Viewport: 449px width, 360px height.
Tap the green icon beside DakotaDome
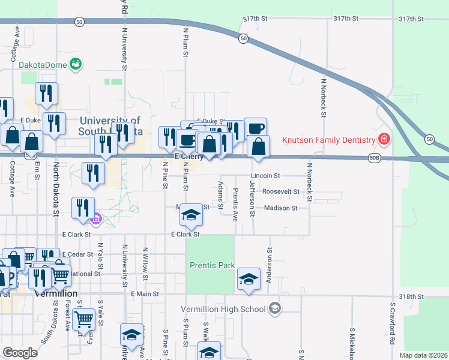point(76,63)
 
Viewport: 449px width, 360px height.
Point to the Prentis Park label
point(212,265)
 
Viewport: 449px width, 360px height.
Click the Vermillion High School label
point(223,309)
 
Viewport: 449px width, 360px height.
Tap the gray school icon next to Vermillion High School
point(275,309)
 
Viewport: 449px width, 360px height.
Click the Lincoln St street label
point(266,176)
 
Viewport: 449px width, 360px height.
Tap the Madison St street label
point(281,208)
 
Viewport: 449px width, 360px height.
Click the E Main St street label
point(145,294)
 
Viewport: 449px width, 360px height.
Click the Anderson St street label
point(270,266)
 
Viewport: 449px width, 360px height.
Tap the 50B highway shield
point(375,158)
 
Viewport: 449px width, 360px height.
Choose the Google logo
point(20,352)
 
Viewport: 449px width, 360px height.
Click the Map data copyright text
point(423,355)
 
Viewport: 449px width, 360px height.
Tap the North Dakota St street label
point(56,189)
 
